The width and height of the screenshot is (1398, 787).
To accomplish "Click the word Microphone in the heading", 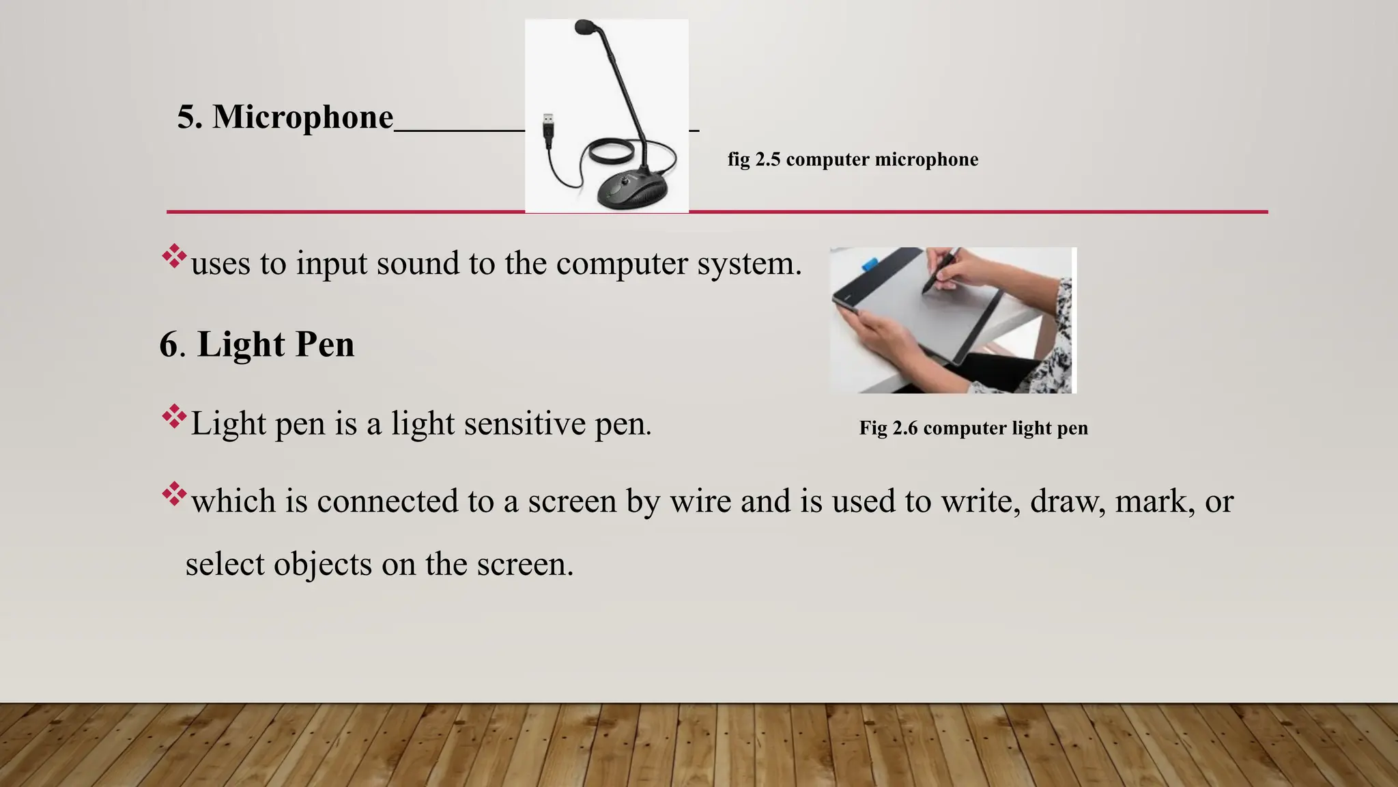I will click(x=302, y=118).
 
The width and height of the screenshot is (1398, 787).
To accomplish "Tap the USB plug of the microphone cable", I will click(x=547, y=128).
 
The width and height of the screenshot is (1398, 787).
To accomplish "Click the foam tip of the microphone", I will click(x=585, y=28).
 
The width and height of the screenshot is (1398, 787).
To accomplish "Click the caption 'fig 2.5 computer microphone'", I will click(x=853, y=160).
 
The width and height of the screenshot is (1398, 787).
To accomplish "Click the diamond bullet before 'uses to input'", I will click(x=174, y=256).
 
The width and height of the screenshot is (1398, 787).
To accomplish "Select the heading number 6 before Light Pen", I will click(x=168, y=344).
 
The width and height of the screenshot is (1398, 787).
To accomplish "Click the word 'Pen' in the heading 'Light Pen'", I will click(x=324, y=344).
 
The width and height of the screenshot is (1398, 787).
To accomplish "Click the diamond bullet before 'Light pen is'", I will click(x=174, y=417).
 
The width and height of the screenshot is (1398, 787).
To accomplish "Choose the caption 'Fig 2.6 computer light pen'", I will click(x=973, y=428).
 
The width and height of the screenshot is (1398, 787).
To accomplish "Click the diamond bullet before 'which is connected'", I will click(x=174, y=495).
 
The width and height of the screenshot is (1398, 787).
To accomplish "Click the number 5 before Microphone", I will click(x=189, y=118).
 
